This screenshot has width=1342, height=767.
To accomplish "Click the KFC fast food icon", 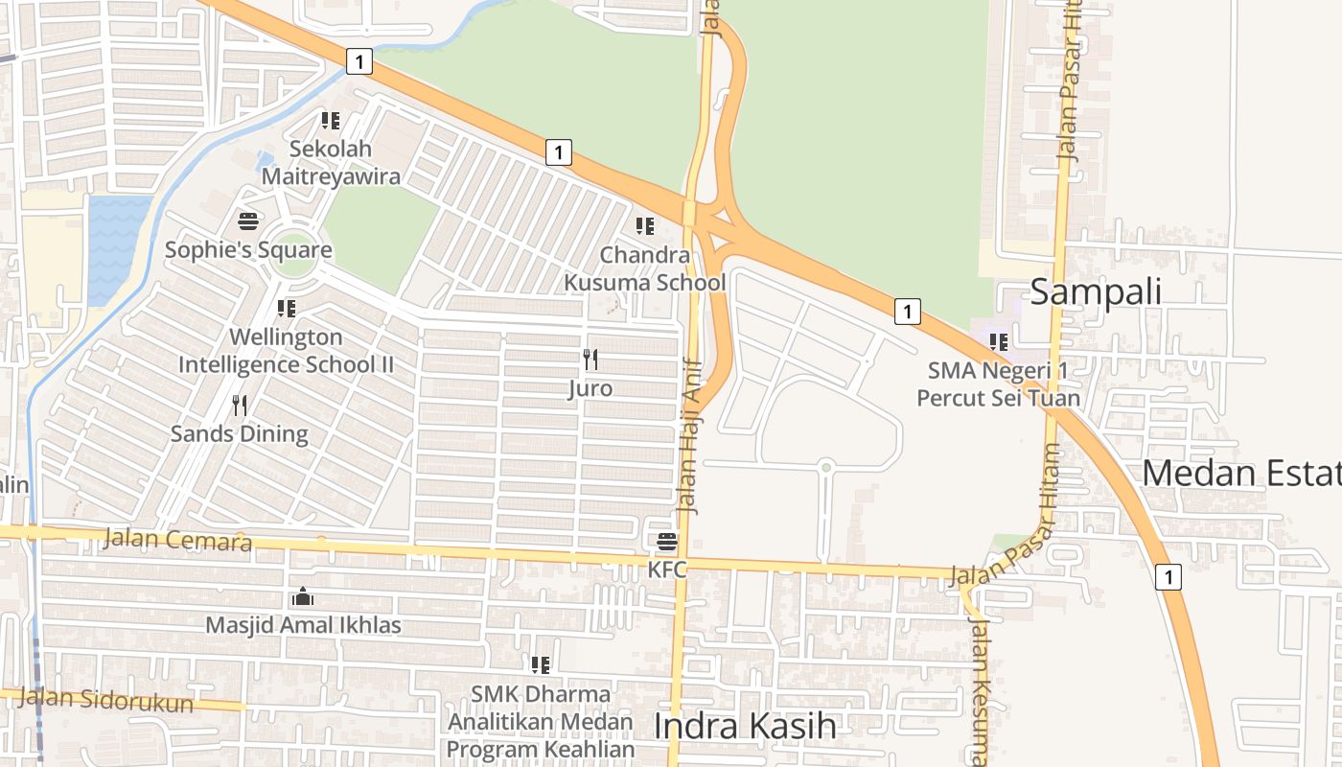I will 667,542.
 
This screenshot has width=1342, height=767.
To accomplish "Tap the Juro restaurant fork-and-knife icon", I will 590,360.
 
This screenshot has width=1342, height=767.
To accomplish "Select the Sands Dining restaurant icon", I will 240,406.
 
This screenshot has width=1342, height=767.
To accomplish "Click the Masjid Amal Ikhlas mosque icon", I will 303,597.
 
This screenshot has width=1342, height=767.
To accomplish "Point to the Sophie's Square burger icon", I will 248,222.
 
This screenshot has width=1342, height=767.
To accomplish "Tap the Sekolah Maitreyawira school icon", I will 331,121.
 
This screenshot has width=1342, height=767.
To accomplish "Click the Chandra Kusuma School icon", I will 645,226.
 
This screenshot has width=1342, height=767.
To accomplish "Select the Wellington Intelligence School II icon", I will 286,309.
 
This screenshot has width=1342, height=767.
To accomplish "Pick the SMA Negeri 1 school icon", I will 998,341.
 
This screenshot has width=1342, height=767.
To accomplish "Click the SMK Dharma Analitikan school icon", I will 541,664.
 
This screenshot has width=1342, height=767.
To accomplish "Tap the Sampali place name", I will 1096,291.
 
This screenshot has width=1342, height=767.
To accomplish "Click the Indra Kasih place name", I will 745,726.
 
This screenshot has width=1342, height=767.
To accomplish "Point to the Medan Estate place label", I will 1240,474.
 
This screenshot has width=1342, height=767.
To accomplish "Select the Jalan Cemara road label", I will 177,540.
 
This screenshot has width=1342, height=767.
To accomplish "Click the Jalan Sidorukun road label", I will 105,700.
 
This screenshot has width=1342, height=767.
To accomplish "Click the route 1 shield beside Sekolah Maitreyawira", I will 359,62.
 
